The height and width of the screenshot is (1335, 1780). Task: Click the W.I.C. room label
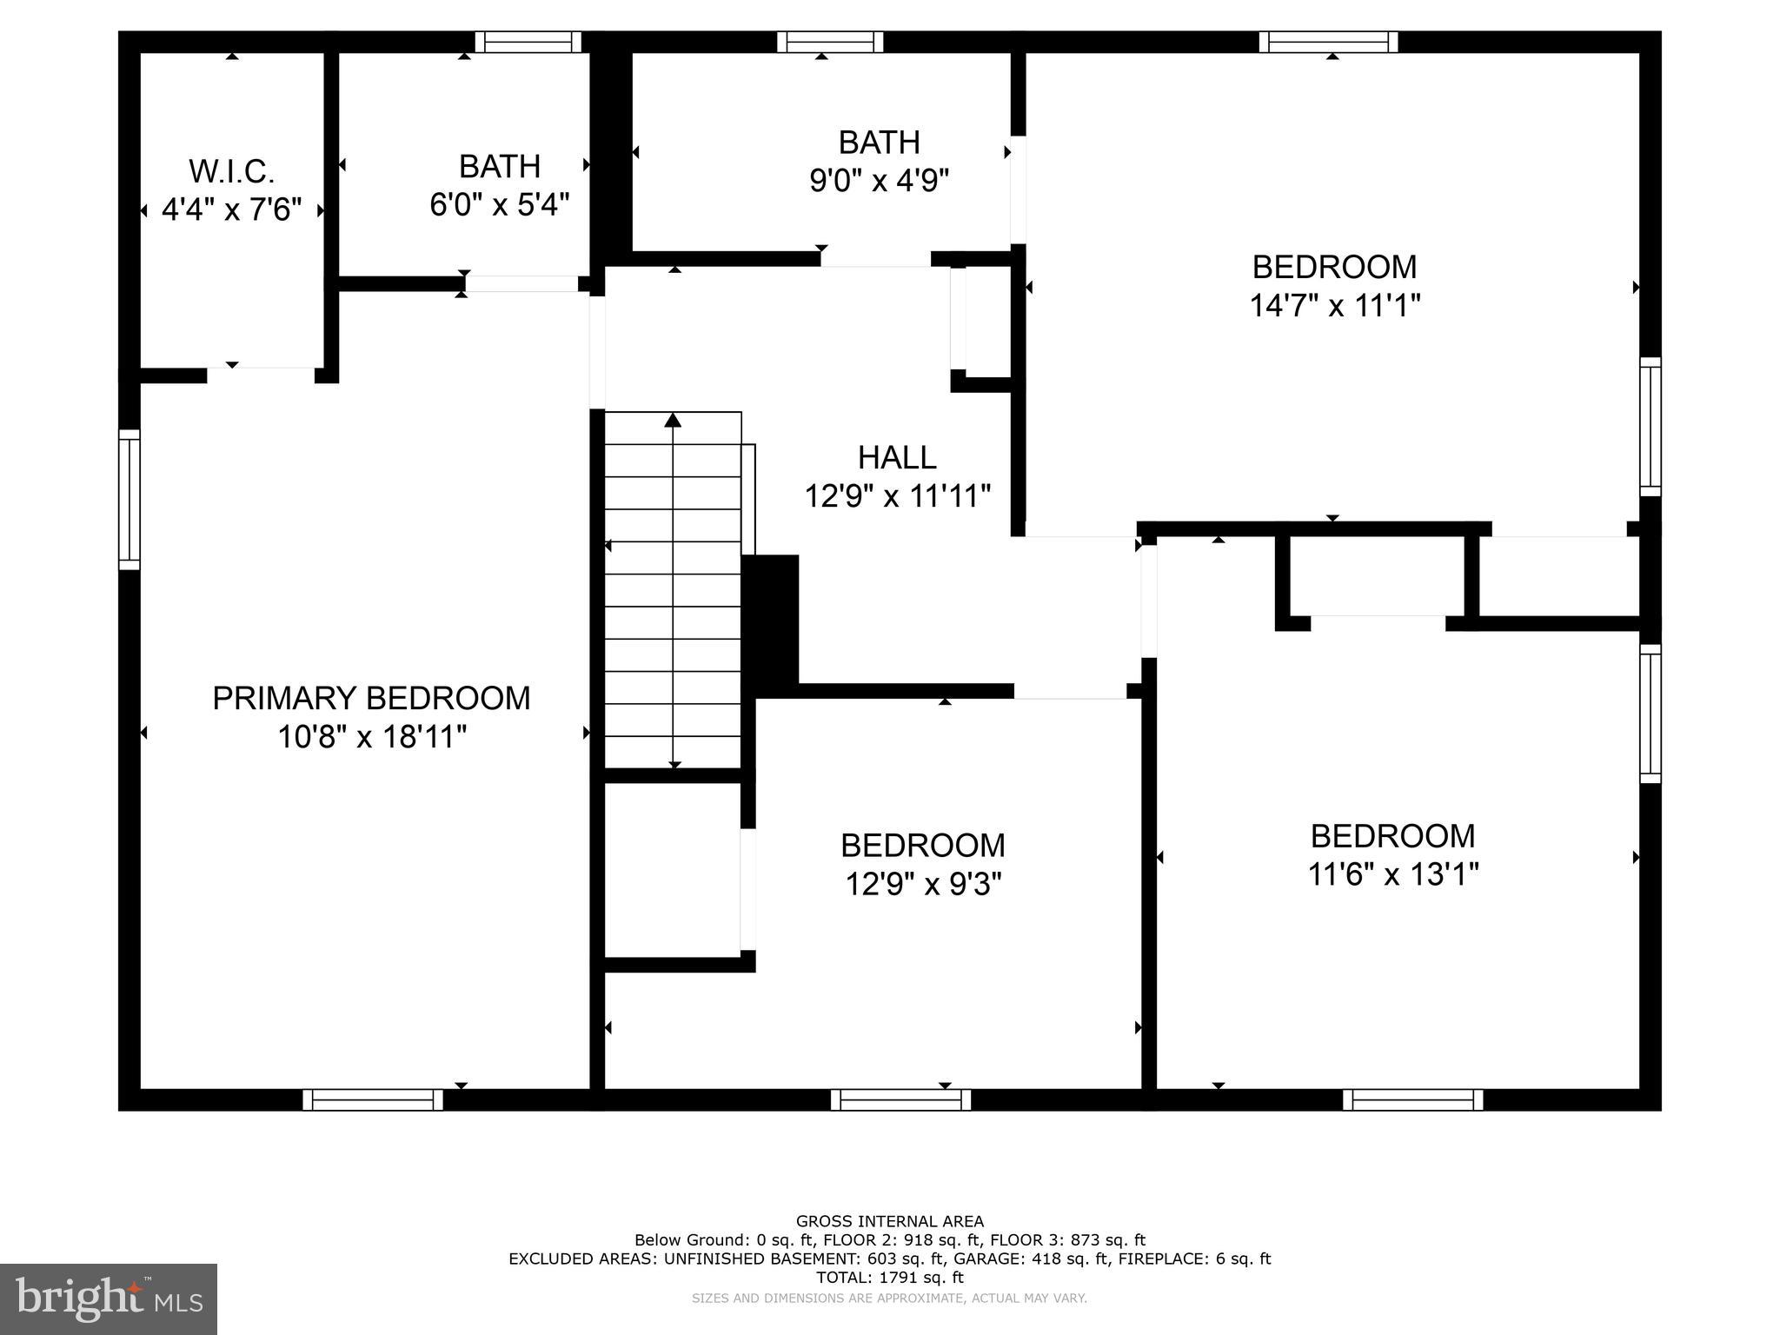tap(231, 171)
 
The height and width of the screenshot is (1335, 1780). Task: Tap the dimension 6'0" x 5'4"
tap(500, 205)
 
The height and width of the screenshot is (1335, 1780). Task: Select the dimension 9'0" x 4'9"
tap(879, 181)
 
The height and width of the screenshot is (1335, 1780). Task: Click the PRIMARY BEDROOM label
tap(371, 699)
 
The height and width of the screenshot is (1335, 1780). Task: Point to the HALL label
tap(897, 457)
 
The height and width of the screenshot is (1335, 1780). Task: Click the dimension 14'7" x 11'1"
tap(1334, 306)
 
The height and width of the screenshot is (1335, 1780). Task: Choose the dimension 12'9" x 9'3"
tap(923, 885)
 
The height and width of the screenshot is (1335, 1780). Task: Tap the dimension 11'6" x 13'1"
tap(1392, 874)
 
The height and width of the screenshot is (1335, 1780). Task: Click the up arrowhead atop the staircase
tap(673, 421)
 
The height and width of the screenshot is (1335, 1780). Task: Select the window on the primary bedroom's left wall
tap(129, 500)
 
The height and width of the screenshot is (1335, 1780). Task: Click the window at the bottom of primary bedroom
tap(373, 1099)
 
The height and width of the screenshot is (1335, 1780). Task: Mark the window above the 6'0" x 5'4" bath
tap(528, 42)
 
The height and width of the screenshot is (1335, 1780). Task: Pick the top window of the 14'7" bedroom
tap(1328, 42)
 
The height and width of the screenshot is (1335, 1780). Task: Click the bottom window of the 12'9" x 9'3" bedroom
tap(900, 1099)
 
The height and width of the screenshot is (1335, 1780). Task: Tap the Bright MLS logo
tap(109, 1298)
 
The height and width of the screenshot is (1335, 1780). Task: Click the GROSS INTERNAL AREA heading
tap(889, 1221)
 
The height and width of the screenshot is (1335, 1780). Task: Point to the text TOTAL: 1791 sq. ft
tap(889, 1278)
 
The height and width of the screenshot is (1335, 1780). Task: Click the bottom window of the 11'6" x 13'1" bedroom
tap(1412, 1099)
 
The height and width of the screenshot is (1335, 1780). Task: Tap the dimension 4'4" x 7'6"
tap(231, 209)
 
